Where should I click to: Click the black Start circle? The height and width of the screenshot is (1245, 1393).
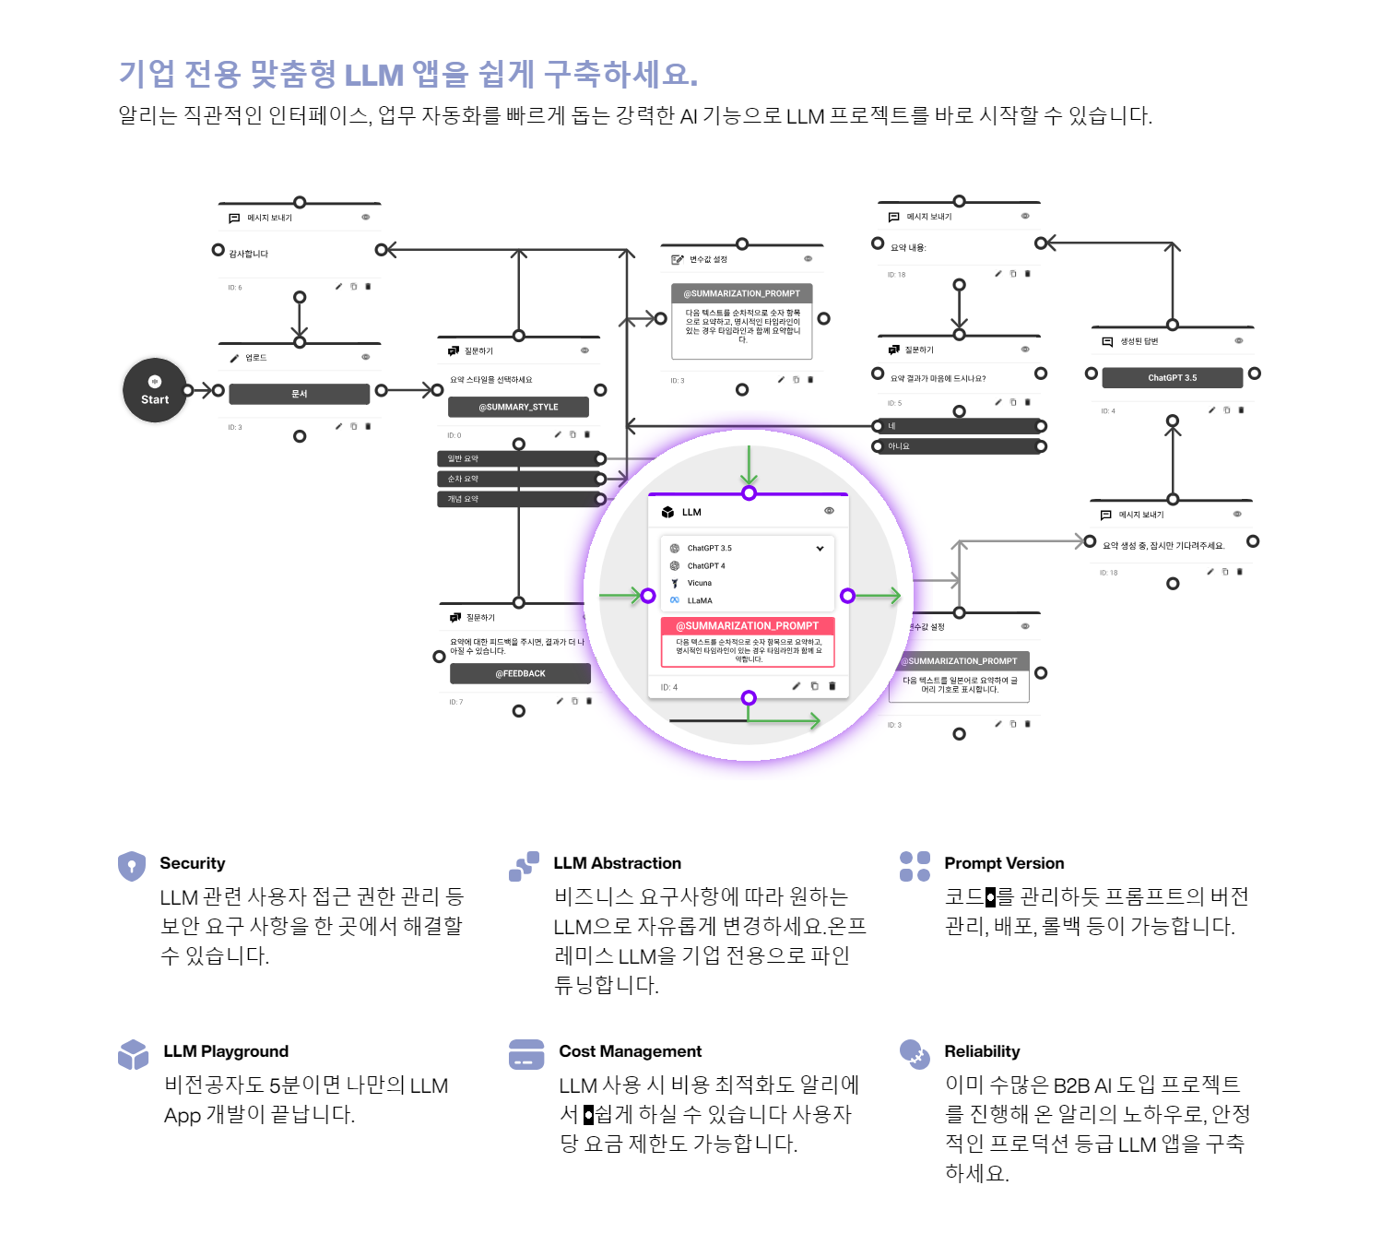[155, 390]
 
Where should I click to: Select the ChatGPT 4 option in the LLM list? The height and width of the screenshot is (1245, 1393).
[705, 566]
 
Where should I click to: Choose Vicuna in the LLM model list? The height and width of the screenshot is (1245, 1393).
[699, 583]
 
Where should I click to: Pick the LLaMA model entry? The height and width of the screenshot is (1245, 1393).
[699, 600]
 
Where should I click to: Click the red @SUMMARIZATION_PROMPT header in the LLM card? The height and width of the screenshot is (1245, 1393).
[748, 626]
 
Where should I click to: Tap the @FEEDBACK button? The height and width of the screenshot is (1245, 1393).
[520, 674]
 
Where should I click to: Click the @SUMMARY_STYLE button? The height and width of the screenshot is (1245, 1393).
[518, 408]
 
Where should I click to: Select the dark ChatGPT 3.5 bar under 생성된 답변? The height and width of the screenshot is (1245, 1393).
[1172, 378]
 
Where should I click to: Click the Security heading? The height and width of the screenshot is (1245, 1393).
[192, 863]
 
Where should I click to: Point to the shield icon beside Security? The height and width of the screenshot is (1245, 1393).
[132, 866]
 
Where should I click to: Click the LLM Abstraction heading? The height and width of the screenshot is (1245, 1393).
[617, 863]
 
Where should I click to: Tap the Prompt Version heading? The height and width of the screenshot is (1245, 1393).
[1004, 863]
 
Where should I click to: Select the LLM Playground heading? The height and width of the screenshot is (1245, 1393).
[226, 1051]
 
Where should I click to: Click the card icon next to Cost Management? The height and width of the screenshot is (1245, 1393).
[526, 1054]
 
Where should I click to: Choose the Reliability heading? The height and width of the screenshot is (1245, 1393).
[982, 1051]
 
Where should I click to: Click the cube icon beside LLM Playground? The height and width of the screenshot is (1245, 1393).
[133, 1054]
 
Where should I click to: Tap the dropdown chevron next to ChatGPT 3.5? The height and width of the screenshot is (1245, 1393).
[820, 549]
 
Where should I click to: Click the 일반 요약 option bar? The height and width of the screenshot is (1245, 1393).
[518, 459]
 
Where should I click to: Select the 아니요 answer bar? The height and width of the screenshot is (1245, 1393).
[959, 446]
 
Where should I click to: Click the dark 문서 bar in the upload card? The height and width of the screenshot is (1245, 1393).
[300, 394]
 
